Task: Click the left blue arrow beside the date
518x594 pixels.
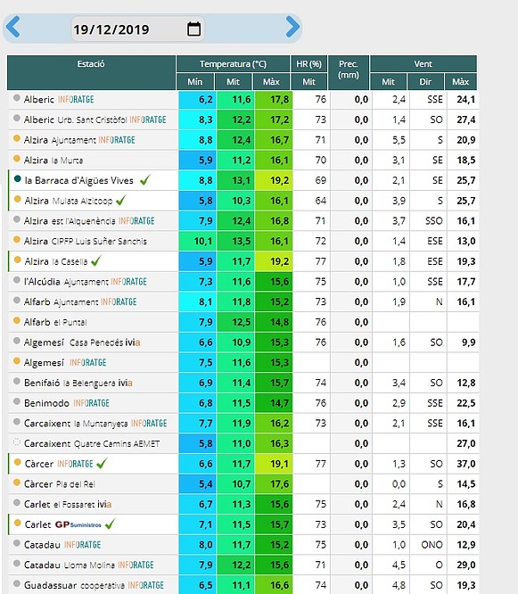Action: click(12, 27)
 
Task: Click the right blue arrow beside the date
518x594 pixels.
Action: click(292, 27)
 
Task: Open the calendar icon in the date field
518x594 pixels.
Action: click(193, 29)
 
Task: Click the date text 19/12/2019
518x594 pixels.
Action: click(111, 29)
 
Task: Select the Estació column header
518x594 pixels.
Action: click(91, 64)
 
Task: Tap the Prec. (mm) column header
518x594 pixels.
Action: click(349, 70)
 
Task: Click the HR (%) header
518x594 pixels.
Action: click(309, 64)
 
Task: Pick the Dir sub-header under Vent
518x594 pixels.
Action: click(425, 82)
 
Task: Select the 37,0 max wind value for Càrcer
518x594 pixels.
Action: click(465, 464)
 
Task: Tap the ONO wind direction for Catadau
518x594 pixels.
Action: click(432, 545)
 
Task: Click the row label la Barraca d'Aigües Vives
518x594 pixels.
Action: click(78, 180)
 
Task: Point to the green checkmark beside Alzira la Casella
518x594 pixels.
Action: click(96, 260)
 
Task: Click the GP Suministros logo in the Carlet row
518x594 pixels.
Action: click(78, 524)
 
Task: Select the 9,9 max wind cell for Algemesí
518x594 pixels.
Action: click(468, 342)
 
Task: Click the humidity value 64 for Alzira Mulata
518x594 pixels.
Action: click(320, 201)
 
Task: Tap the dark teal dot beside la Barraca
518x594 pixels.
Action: click(18, 178)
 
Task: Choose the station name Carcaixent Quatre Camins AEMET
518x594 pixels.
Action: click(92, 443)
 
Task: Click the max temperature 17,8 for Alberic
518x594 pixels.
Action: click(279, 99)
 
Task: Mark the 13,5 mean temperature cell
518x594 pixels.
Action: click(242, 241)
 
